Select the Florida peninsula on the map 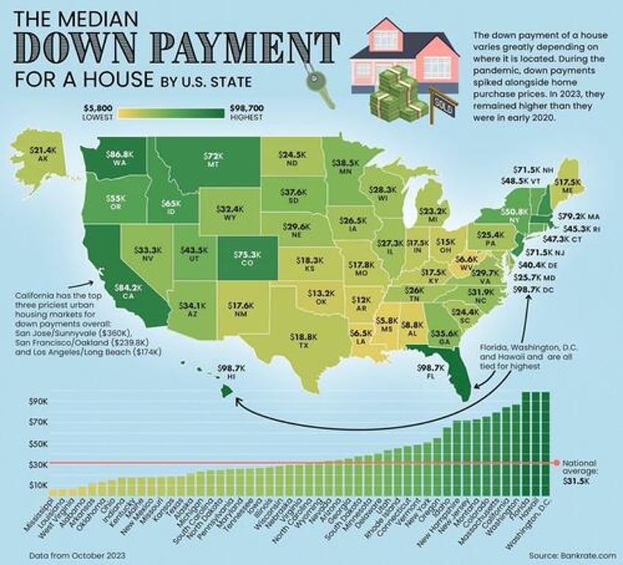pyautogui.click(x=452, y=378)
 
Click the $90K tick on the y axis pyautogui.click(x=38, y=402)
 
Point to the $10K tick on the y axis pyautogui.click(x=38, y=486)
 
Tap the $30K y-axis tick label pyautogui.click(x=38, y=464)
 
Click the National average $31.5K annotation pyautogui.click(x=584, y=470)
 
